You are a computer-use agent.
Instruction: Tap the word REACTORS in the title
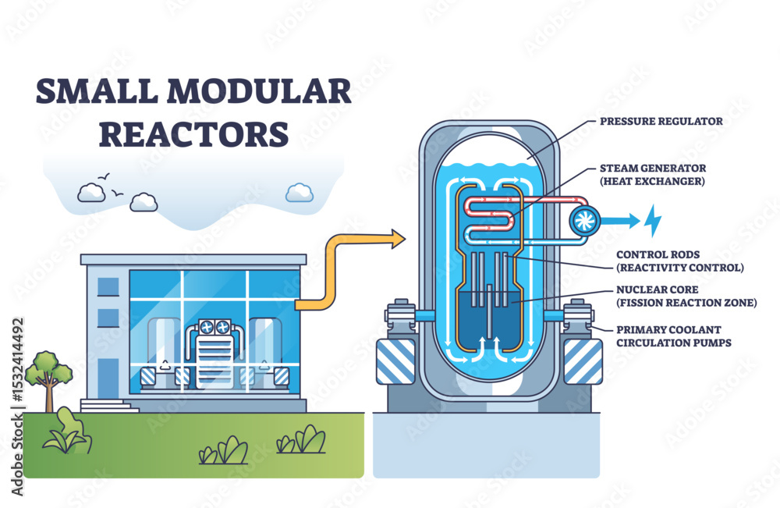tap(193, 133)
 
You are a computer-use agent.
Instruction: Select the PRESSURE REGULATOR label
tap(661, 121)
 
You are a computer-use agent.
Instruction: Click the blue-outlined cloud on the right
tap(300, 192)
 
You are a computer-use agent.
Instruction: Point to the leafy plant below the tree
tap(69, 433)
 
